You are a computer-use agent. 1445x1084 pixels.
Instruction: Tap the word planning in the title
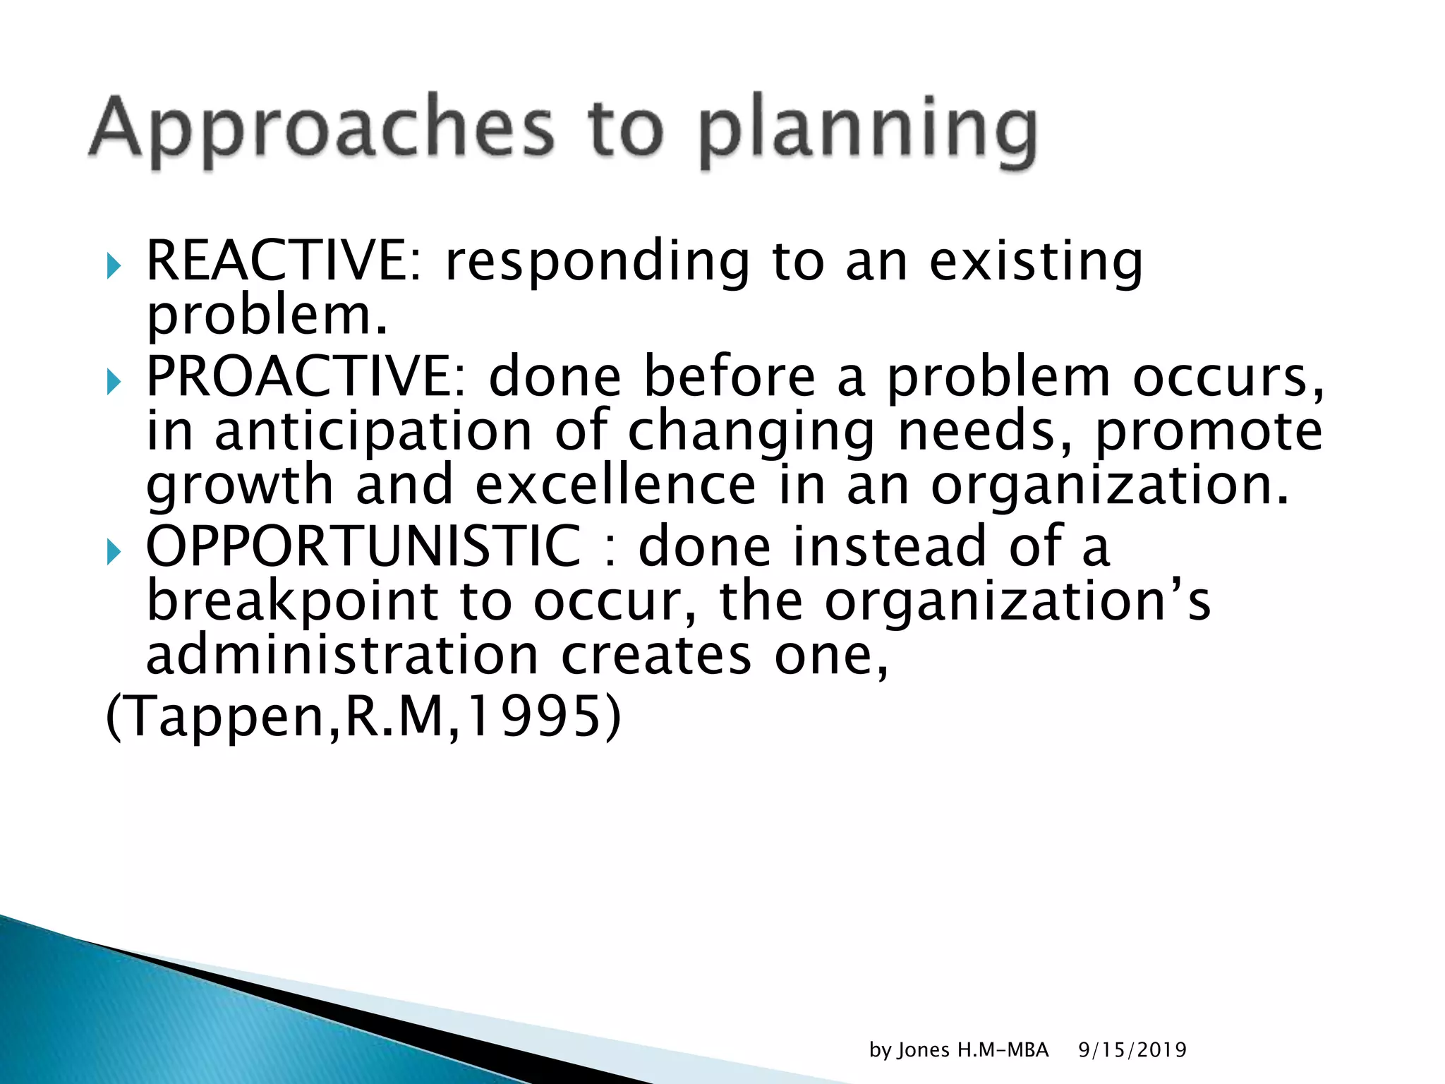868,131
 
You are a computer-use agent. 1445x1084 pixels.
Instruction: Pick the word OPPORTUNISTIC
363,546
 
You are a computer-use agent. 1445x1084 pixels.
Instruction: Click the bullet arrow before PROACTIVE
114,383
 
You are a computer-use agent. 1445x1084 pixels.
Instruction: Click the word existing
1035,263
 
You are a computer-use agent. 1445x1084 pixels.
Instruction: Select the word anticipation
373,431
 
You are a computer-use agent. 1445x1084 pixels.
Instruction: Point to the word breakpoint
292,601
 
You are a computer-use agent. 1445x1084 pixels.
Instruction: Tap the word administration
342,655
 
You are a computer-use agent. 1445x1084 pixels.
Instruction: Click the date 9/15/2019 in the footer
1132,1050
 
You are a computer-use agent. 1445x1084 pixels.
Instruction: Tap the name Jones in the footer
924,1050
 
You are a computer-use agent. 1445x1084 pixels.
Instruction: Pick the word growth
239,486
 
